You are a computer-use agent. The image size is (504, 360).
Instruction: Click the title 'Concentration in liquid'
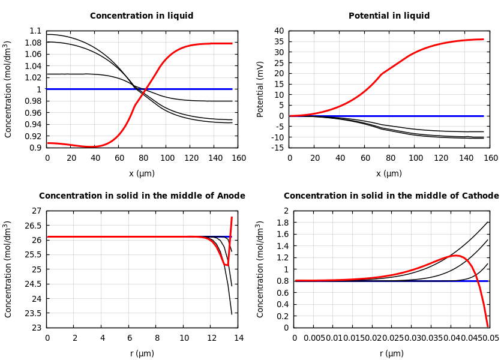tap(142, 16)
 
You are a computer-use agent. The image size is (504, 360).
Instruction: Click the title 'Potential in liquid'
tap(389, 16)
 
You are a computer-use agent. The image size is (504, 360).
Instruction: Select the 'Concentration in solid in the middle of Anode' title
tap(142, 196)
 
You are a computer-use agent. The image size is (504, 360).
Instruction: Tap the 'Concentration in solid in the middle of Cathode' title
tap(391, 196)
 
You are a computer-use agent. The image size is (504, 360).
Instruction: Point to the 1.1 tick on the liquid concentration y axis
tap(35, 31)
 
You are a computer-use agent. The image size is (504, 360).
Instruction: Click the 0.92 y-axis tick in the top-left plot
tap(34, 136)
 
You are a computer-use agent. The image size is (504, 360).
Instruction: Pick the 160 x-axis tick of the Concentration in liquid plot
tap(238, 158)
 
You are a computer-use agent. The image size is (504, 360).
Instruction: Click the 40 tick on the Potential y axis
tap(278, 31)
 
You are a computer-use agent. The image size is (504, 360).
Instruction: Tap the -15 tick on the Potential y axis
tap(277, 148)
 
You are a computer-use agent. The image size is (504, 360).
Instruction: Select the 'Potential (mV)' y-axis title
tap(260, 89)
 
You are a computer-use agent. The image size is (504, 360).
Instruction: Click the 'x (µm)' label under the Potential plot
tap(389, 174)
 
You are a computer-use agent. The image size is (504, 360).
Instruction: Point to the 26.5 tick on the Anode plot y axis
tap(34, 226)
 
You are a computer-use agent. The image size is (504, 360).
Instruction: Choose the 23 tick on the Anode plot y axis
tap(37, 328)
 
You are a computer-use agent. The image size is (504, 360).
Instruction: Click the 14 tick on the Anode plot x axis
tap(238, 338)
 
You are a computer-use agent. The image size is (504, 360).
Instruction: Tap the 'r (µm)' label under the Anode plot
tap(142, 354)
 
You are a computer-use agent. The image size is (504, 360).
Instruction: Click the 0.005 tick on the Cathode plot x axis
tap(314, 338)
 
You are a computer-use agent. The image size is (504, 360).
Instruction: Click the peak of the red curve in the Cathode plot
tap(456, 256)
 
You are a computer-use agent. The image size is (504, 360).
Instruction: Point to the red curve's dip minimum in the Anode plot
tap(226, 265)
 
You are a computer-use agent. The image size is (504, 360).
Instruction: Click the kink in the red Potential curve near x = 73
tap(382, 74)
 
